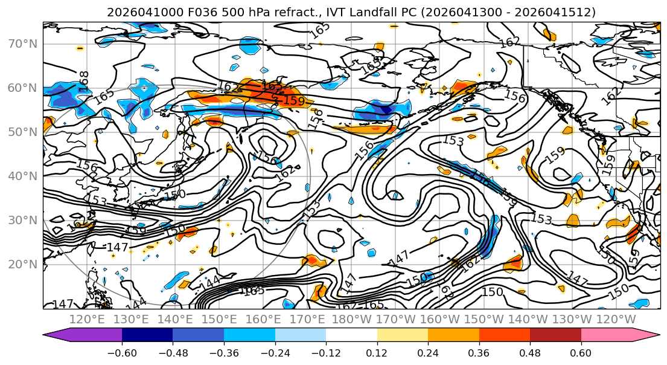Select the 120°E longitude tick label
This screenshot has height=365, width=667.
[88, 319]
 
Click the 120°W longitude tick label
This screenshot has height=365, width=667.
[616, 319]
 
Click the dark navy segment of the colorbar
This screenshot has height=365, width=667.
[147, 335]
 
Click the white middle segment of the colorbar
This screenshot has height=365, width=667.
[351, 335]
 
